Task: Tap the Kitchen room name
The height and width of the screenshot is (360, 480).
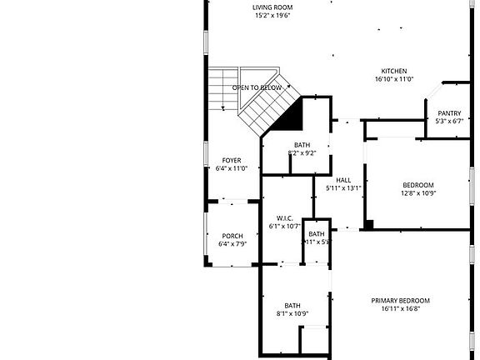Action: click(394, 71)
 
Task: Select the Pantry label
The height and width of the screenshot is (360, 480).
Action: click(449, 112)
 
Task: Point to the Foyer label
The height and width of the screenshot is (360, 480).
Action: click(232, 160)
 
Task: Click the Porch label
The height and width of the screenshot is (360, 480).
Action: click(232, 236)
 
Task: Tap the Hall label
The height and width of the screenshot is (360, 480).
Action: click(343, 180)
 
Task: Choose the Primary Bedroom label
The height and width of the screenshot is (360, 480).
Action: click(400, 300)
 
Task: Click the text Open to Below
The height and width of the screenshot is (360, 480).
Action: click(257, 87)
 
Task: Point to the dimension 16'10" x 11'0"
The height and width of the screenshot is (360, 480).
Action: click(394, 80)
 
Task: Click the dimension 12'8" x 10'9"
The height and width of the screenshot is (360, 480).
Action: click(418, 193)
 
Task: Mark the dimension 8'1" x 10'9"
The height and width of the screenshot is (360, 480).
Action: click(292, 313)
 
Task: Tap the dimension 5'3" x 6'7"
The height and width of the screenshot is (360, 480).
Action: click(449, 121)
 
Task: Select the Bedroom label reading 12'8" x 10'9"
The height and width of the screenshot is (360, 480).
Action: click(418, 185)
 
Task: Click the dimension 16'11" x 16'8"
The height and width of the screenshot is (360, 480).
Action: click(400, 308)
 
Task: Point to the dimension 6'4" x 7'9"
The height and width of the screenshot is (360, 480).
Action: click(232, 244)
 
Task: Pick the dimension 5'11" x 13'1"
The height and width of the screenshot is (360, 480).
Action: click(343, 188)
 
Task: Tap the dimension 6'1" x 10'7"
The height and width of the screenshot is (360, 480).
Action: click(283, 226)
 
